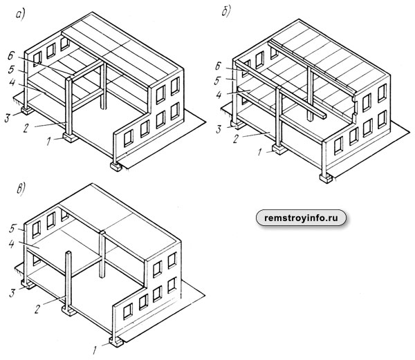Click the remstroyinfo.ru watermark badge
pyautogui.click(x=301, y=218)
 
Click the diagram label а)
pyautogui.click(x=20, y=15)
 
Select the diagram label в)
pyautogui.click(x=21, y=189)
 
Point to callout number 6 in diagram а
pyautogui.click(x=11, y=56)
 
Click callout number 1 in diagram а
pyautogui.click(x=48, y=141)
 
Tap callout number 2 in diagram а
pyautogui.click(x=26, y=128)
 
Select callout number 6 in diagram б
pyautogui.click(x=218, y=66)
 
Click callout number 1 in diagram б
pyautogui.click(x=259, y=152)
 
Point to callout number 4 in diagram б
pyautogui.click(x=219, y=95)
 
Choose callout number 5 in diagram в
pyautogui.click(x=12, y=229)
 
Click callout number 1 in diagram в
pyautogui.click(x=95, y=350)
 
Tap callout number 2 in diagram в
pyautogui.click(x=38, y=308)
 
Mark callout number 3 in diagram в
pyautogui.click(x=12, y=293)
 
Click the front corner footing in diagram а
pyautogui.click(x=116, y=167)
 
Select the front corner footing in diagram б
pyautogui.click(x=326, y=178)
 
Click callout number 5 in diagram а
pyautogui.click(x=11, y=70)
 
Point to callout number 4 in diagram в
pyautogui.click(x=11, y=244)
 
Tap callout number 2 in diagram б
pyautogui.click(x=236, y=138)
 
